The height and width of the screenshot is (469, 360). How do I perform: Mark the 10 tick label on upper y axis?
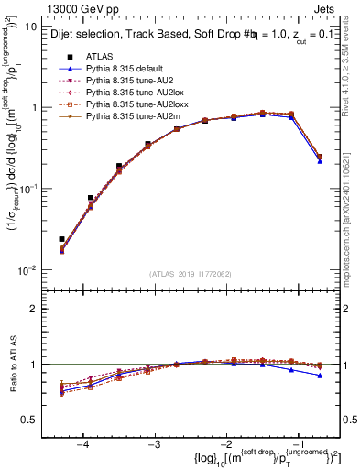click(x=31, y=27)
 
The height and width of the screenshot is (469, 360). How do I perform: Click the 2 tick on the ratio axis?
click(x=34, y=309)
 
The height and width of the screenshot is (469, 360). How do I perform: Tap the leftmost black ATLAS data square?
click(x=61, y=239)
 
